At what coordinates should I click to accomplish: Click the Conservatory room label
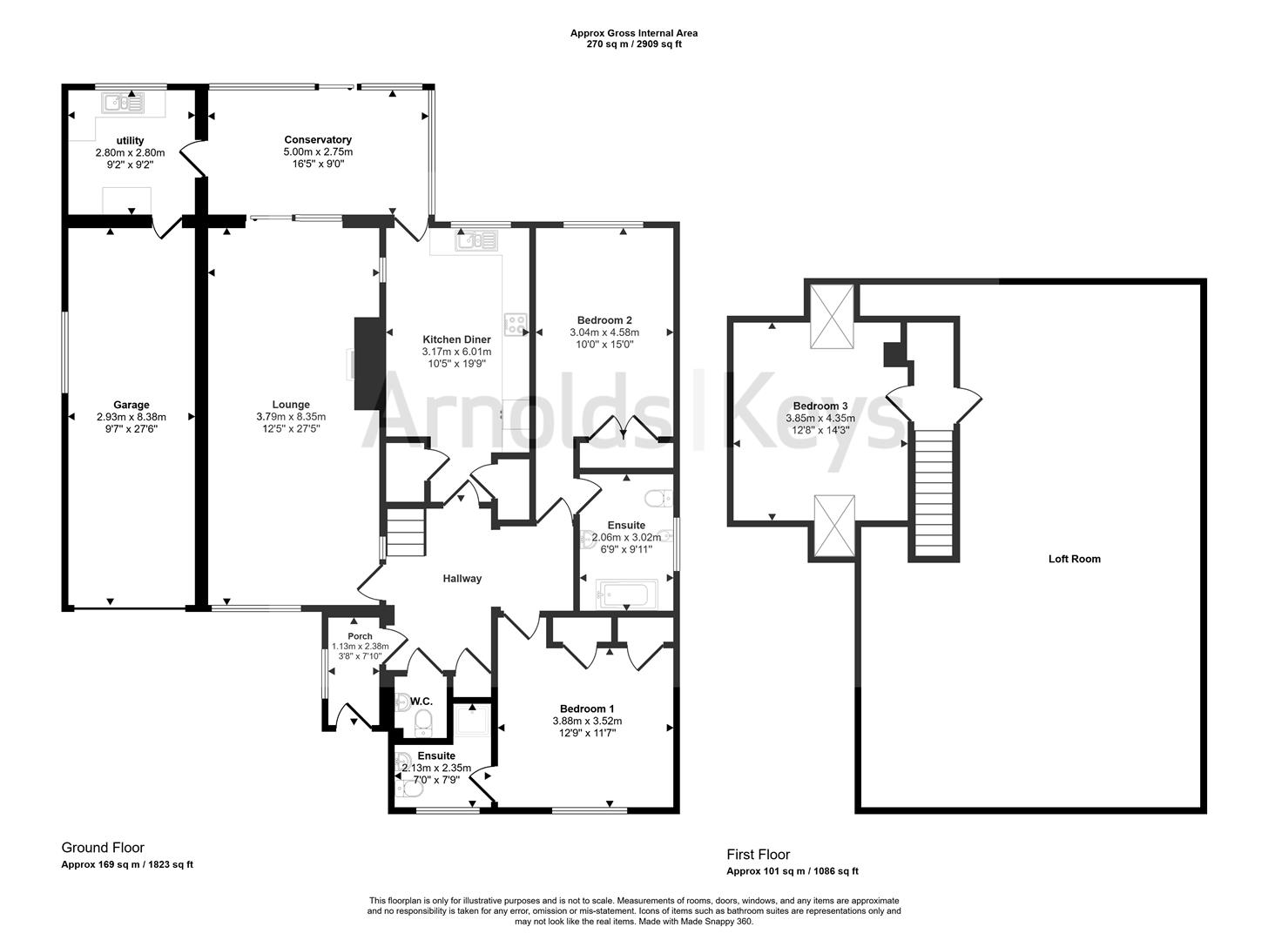[x=318, y=139]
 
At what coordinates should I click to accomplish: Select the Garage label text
[x=131, y=405]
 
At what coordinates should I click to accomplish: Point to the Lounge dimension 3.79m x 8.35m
[x=291, y=417]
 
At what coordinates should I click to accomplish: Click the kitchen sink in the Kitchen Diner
[x=476, y=239]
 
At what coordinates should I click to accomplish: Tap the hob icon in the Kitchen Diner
[x=516, y=324]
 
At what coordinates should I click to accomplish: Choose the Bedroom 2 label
[x=604, y=319]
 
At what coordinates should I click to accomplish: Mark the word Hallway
[x=462, y=579]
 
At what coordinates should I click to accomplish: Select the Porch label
[x=360, y=636]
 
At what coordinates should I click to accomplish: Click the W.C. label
[x=422, y=701]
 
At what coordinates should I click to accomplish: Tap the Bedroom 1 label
[x=587, y=708]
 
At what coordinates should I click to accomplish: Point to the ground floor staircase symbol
[x=405, y=533]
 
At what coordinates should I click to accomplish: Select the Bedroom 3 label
[x=820, y=406]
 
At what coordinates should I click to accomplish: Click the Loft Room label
[x=1074, y=559]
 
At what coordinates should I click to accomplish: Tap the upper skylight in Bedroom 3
[x=833, y=316]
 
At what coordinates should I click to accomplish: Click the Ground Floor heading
[x=103, y=848]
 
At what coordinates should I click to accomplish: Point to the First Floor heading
[x=758, y=855]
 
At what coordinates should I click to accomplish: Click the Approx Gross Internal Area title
[x=633, y=33]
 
